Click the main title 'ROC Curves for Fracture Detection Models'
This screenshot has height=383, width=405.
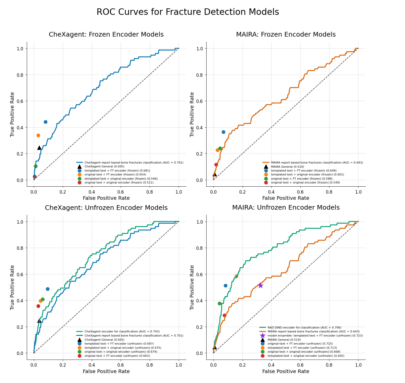coord(188,12)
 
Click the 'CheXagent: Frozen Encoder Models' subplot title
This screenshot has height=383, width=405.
coord(106,35)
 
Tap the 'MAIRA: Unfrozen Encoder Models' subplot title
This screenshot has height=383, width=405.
coord(286,208)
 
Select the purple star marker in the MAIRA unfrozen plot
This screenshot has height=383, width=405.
coord(260,285)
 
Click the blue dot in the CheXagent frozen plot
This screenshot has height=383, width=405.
coord(46,122)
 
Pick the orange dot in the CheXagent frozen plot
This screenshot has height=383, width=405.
coord(38,135)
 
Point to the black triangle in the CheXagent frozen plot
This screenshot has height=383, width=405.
coord(39,148)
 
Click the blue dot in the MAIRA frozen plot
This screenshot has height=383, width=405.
coord(224,132)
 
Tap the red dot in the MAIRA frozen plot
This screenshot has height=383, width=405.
coord(216,165)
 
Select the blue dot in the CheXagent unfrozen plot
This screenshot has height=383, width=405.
coord(48,289)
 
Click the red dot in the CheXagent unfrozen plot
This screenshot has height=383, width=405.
coord(38,306)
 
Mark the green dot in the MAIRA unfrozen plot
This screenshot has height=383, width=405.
coord(219,304)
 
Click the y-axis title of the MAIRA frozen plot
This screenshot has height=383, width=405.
coord(192,114)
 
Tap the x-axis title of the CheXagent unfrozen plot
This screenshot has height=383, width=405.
coord(106,372)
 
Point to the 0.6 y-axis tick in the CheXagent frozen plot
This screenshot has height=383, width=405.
coord(20,101)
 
